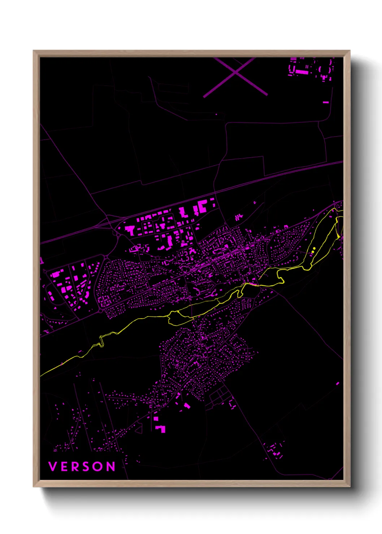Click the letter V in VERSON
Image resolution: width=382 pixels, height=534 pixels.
click(53, 467)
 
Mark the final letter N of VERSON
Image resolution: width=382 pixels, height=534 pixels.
click(111, 467)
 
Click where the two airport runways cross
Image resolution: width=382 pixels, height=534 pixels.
click(235, 73)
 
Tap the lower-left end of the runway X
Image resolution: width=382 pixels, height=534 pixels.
click(205, 96)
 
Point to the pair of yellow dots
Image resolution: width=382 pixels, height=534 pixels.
click(313, 249)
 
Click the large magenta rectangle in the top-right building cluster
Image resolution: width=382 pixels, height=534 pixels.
click(302, 72)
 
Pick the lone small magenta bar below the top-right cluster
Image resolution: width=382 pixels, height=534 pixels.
click(326, 102)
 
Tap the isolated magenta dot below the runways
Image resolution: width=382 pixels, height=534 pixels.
click(216, 114)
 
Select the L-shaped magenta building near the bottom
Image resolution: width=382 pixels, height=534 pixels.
click(161, 429)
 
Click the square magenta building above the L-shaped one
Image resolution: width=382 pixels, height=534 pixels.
click(156, 419)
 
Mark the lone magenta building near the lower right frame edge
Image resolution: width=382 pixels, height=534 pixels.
click(338, 383)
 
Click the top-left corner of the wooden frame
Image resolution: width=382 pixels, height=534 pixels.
click(34, 51)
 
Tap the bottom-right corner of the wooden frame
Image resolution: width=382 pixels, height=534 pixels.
click(350, 486)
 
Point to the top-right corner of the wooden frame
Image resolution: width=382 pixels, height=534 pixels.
click(350, 51)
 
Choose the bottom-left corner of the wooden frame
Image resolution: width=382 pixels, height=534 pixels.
click(34, 486)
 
